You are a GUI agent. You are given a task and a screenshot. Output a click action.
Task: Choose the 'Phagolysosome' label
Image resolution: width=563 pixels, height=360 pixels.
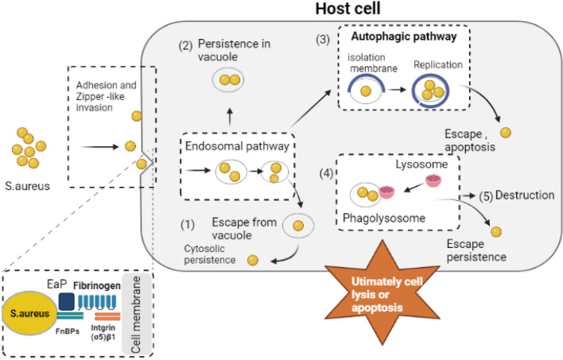(383, 215)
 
